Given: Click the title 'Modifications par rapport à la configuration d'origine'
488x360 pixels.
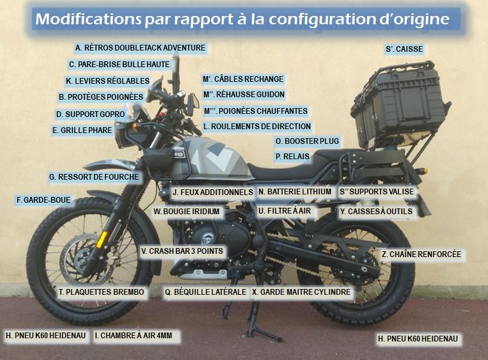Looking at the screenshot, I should click(x=242, y=19).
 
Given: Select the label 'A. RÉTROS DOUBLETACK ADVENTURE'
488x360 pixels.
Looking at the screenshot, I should click(x=140, y=48).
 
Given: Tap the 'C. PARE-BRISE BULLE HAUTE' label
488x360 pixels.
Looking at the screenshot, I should click(x=119, y=64).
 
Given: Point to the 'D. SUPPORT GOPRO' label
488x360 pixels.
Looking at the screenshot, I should click(x=90, y=114).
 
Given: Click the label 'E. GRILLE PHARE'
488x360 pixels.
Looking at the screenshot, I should click(x=83, y=130).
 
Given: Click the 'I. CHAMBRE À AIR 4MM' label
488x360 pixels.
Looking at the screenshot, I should click(x=137, y=335).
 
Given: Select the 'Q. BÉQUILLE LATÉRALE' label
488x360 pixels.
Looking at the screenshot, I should click(x=205, y=292).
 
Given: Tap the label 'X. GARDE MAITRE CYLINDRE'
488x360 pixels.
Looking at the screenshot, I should click(x=302, y=292).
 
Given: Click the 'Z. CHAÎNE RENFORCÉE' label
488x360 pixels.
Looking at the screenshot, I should click(x=421, y=254).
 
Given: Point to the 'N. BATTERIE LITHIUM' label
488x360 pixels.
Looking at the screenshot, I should click(x=295, y=191).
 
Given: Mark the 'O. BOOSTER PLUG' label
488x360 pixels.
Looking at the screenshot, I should click(x=307, y=141).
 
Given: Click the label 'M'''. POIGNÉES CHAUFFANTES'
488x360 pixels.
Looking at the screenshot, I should click(x=256, y=111).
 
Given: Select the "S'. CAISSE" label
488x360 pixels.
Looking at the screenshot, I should click(x=404, y=49).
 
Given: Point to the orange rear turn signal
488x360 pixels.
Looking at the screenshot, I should click(x=423, y=171).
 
